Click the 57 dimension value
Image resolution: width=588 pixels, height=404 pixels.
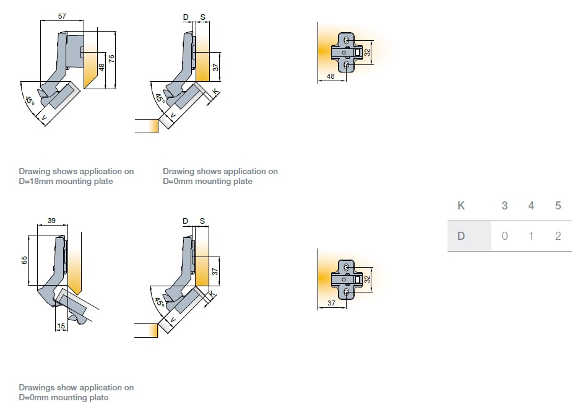62,16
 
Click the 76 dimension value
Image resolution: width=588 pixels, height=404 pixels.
112,59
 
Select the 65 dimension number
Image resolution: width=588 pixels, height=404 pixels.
24,260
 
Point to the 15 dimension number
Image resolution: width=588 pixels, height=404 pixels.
61,326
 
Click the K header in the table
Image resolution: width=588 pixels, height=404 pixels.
461,206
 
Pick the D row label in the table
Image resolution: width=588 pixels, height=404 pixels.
461,236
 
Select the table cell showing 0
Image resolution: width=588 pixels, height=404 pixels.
504,236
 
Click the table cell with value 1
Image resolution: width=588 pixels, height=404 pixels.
531,236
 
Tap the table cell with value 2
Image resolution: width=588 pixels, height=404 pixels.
558,236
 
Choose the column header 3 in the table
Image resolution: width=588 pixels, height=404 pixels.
504,206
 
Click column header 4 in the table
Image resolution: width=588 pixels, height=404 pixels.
531,206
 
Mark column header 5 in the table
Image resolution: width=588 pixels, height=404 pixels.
558,206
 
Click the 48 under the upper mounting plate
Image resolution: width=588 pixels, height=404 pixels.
330,77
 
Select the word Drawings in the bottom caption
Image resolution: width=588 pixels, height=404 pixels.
37,388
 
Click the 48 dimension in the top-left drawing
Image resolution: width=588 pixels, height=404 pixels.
102,66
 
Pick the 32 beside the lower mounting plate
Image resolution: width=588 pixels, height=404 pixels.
367,279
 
